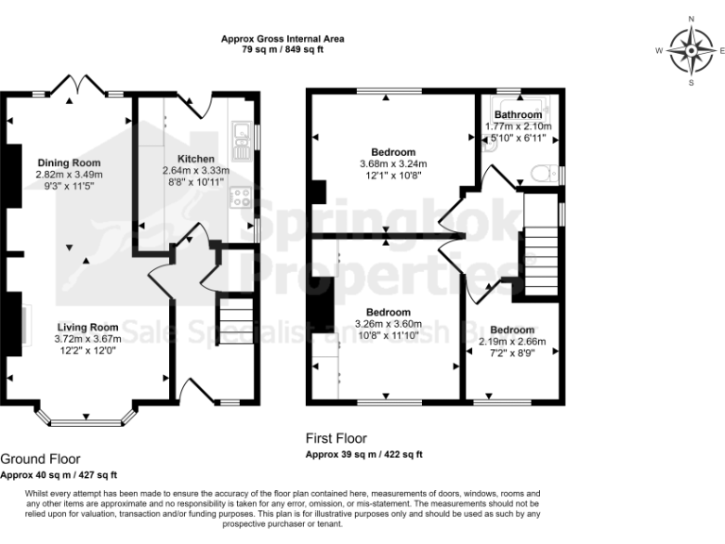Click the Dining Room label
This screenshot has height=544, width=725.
pos(68,161)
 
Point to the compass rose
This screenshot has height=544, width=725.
pos(691,50)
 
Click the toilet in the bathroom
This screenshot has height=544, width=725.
pos(545,173)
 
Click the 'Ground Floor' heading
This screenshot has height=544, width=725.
pos(41,457)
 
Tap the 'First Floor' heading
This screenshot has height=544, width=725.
pos(336,438)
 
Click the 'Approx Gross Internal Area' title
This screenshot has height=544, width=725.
pos(282,39)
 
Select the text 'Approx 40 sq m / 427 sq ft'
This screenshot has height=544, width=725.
pos(59,474)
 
